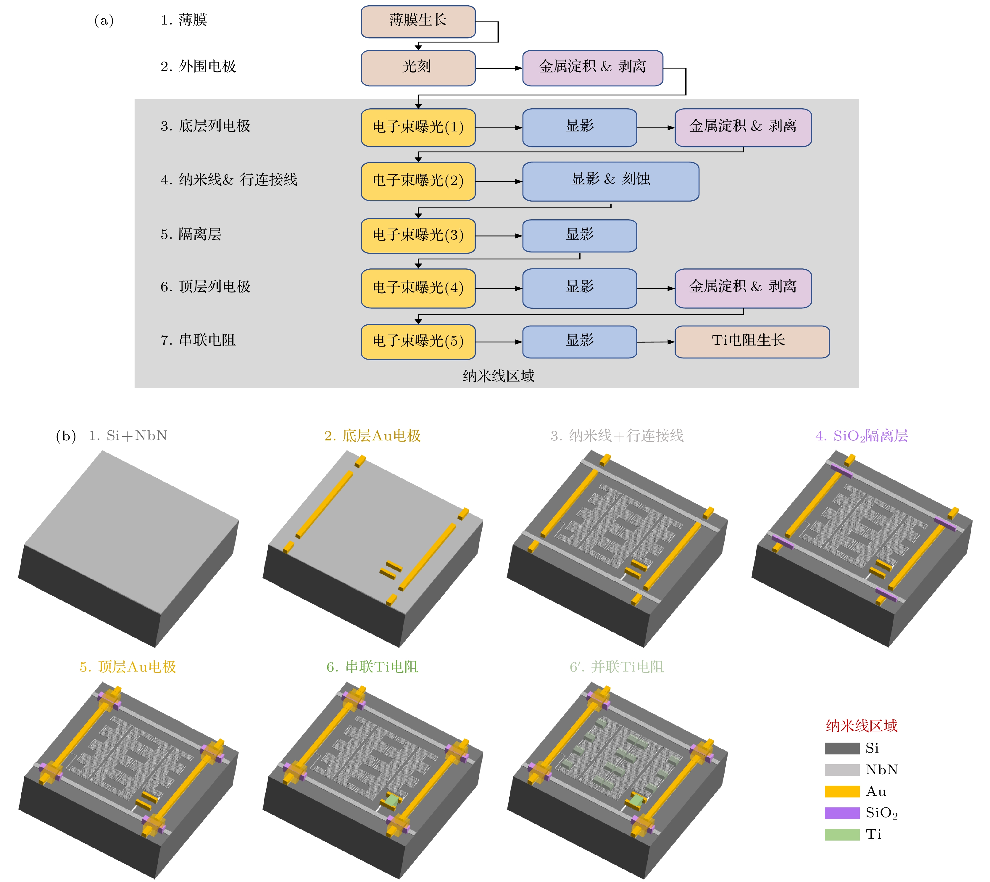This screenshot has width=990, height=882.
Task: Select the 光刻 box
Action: (418, 68)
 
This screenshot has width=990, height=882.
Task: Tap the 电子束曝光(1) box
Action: (418, 128)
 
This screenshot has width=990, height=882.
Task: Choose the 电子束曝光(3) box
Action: (418, 236)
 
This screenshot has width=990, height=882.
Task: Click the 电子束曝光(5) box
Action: (418, 342)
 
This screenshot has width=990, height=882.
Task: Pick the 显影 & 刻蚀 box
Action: (610, 181)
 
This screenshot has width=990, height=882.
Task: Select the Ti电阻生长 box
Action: (752, 342)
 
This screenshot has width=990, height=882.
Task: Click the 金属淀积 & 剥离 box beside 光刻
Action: (592, 68)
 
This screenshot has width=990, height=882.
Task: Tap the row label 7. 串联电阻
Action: (198, 340)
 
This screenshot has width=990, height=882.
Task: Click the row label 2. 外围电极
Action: (198, 66)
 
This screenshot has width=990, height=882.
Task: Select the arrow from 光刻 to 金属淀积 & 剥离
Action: (499, 68)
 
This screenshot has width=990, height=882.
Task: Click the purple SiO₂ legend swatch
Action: (842, 813)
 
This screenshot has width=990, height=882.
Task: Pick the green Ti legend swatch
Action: (842, 835)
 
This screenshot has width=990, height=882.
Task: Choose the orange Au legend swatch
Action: (842, 791)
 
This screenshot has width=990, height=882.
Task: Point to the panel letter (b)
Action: (66, 436)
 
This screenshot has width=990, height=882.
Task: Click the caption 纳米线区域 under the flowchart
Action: (498, 376)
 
